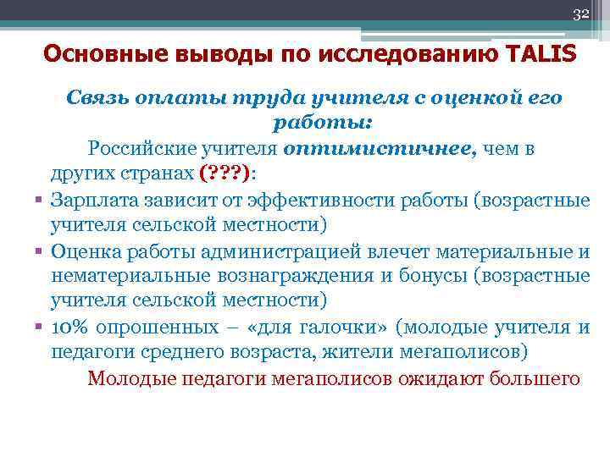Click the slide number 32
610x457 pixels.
pos(581,14)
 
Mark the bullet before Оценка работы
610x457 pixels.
pos(39,251)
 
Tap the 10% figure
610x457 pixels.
pos(70,327)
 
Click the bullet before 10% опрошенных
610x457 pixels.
pos(39,327)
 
